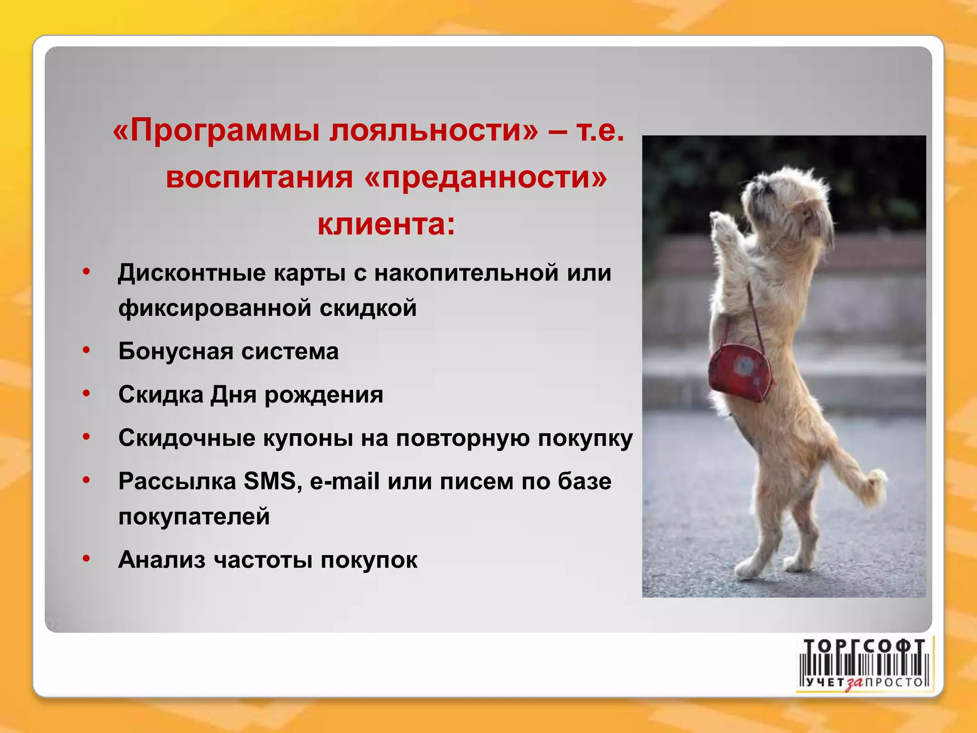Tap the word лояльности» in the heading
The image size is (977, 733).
click(x=433, y=130)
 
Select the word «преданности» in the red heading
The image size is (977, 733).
click(x=485, y=177)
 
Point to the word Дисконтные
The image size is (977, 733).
click(x=192, y=273)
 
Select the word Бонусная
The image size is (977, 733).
click(x=176, y=351)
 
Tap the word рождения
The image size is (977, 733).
click(x=323, y=395)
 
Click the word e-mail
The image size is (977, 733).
click(x=344, y=481)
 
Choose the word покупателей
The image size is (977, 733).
click(x=194, y=516)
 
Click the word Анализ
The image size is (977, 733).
click(x=162, y=560)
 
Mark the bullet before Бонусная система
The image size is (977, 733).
click(x=86, y=350)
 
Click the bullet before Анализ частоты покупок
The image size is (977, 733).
click(x=86, y=558)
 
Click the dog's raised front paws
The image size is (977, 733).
click(x=725, y=229)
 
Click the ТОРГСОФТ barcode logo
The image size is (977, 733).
click(x=864, y=664)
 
